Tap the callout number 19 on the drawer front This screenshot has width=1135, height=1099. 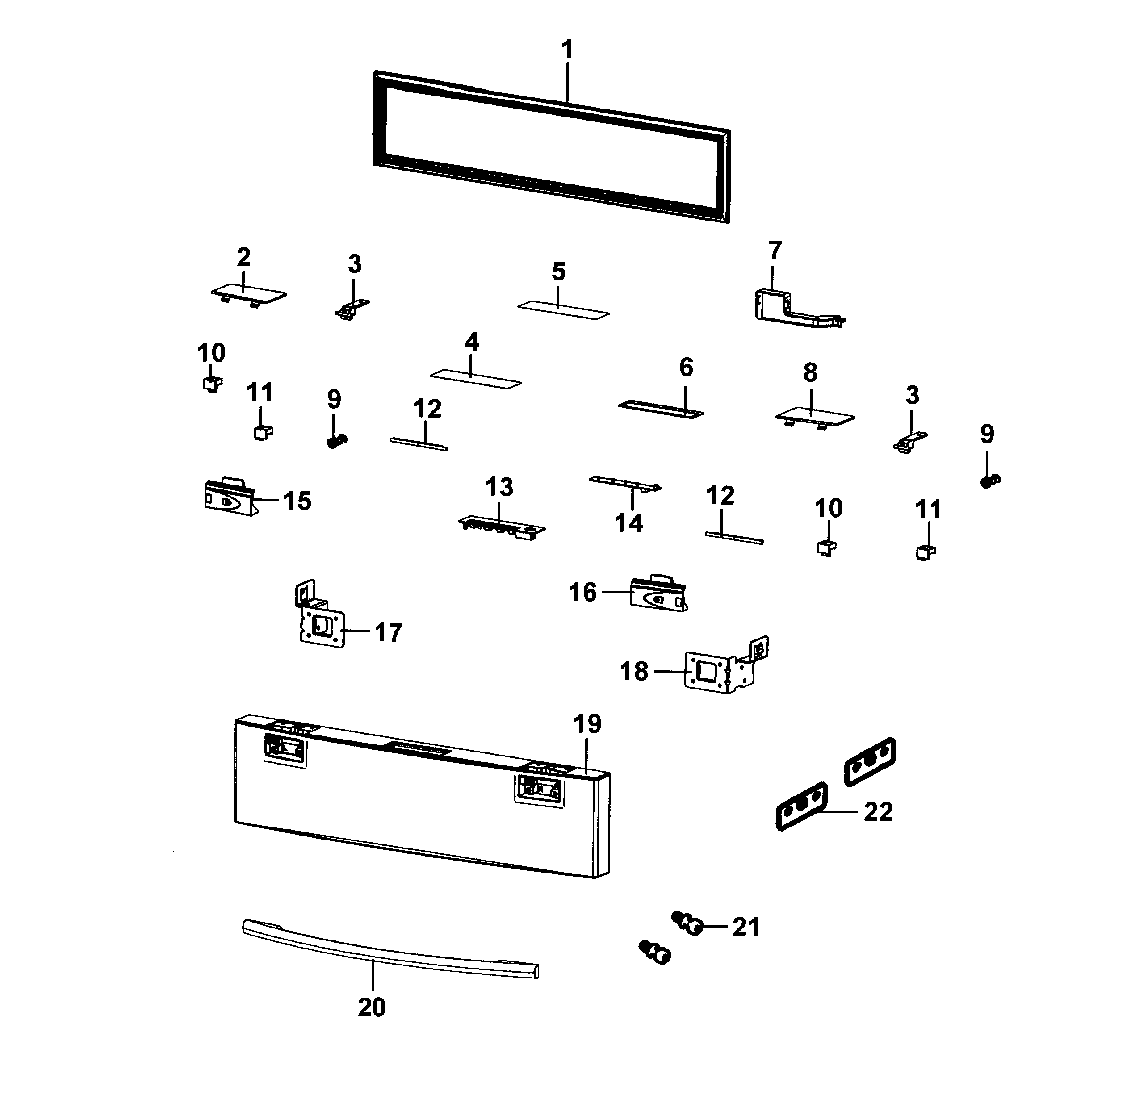(587, 724)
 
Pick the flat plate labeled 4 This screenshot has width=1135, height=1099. (475, 379)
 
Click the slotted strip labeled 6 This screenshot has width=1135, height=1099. (661, 408)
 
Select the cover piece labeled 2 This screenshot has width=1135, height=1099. (248, 294)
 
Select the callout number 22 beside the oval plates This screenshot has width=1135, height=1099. (878, 812)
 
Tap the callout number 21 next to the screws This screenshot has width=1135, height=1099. (745, 928)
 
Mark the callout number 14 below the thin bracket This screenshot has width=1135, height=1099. (628, 523)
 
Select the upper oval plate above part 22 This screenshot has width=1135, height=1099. (870, 761)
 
